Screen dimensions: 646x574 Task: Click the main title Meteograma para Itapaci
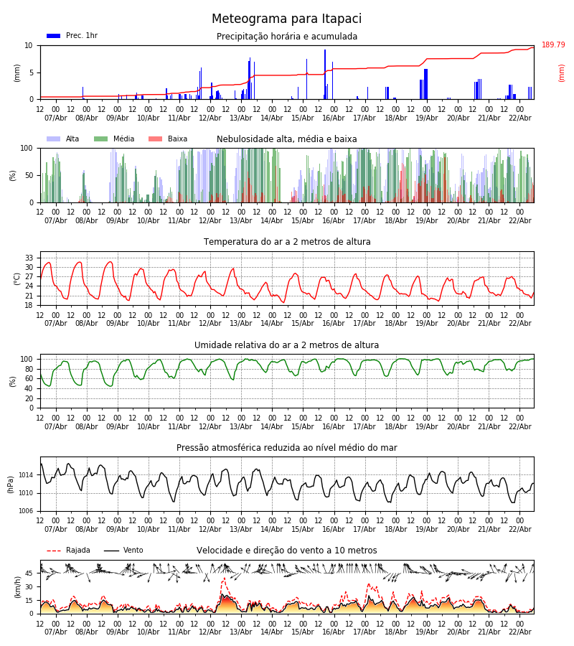point(286,19)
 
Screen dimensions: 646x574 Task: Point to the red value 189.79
point(553,45)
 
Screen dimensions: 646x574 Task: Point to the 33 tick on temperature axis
point(29,258)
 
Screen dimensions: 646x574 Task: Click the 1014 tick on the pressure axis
point(26,475)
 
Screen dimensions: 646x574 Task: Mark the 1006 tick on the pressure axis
point(26,511)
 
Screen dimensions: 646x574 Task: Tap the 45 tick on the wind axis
point(29,574)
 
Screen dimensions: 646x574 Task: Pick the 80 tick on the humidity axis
point(29,369)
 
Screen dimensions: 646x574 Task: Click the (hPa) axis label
point(10,484)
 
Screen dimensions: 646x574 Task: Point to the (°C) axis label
point(17,278)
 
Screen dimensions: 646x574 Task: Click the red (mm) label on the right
point(562,72)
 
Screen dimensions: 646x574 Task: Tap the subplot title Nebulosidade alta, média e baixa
point(286,139)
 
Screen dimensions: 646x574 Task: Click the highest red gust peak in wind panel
point(224,578)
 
